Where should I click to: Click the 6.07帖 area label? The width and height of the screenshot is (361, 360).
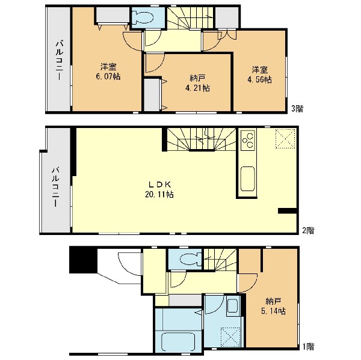point(108,76)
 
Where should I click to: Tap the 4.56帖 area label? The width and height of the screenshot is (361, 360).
point(260,79)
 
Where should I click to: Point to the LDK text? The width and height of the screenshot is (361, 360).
point(159,184)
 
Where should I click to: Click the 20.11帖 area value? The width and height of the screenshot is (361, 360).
point(159,195)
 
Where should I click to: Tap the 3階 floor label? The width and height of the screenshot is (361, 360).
point(297,108)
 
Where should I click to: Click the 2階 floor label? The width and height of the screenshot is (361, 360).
point(308,230)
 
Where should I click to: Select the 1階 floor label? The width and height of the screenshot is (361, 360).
point(308,346)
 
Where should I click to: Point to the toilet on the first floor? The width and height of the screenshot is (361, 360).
point(190,260)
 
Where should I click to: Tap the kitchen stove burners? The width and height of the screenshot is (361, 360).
point(248,140)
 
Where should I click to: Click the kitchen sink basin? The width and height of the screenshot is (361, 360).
point(248,178)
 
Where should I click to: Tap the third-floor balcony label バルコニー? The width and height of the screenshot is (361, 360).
point(59,60)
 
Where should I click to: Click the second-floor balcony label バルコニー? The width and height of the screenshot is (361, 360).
point(55,186)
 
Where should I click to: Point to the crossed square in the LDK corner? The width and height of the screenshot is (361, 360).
point(285,139)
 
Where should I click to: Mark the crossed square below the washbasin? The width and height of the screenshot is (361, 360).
point(230,337)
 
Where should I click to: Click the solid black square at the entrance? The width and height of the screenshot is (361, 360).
point(84,260)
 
